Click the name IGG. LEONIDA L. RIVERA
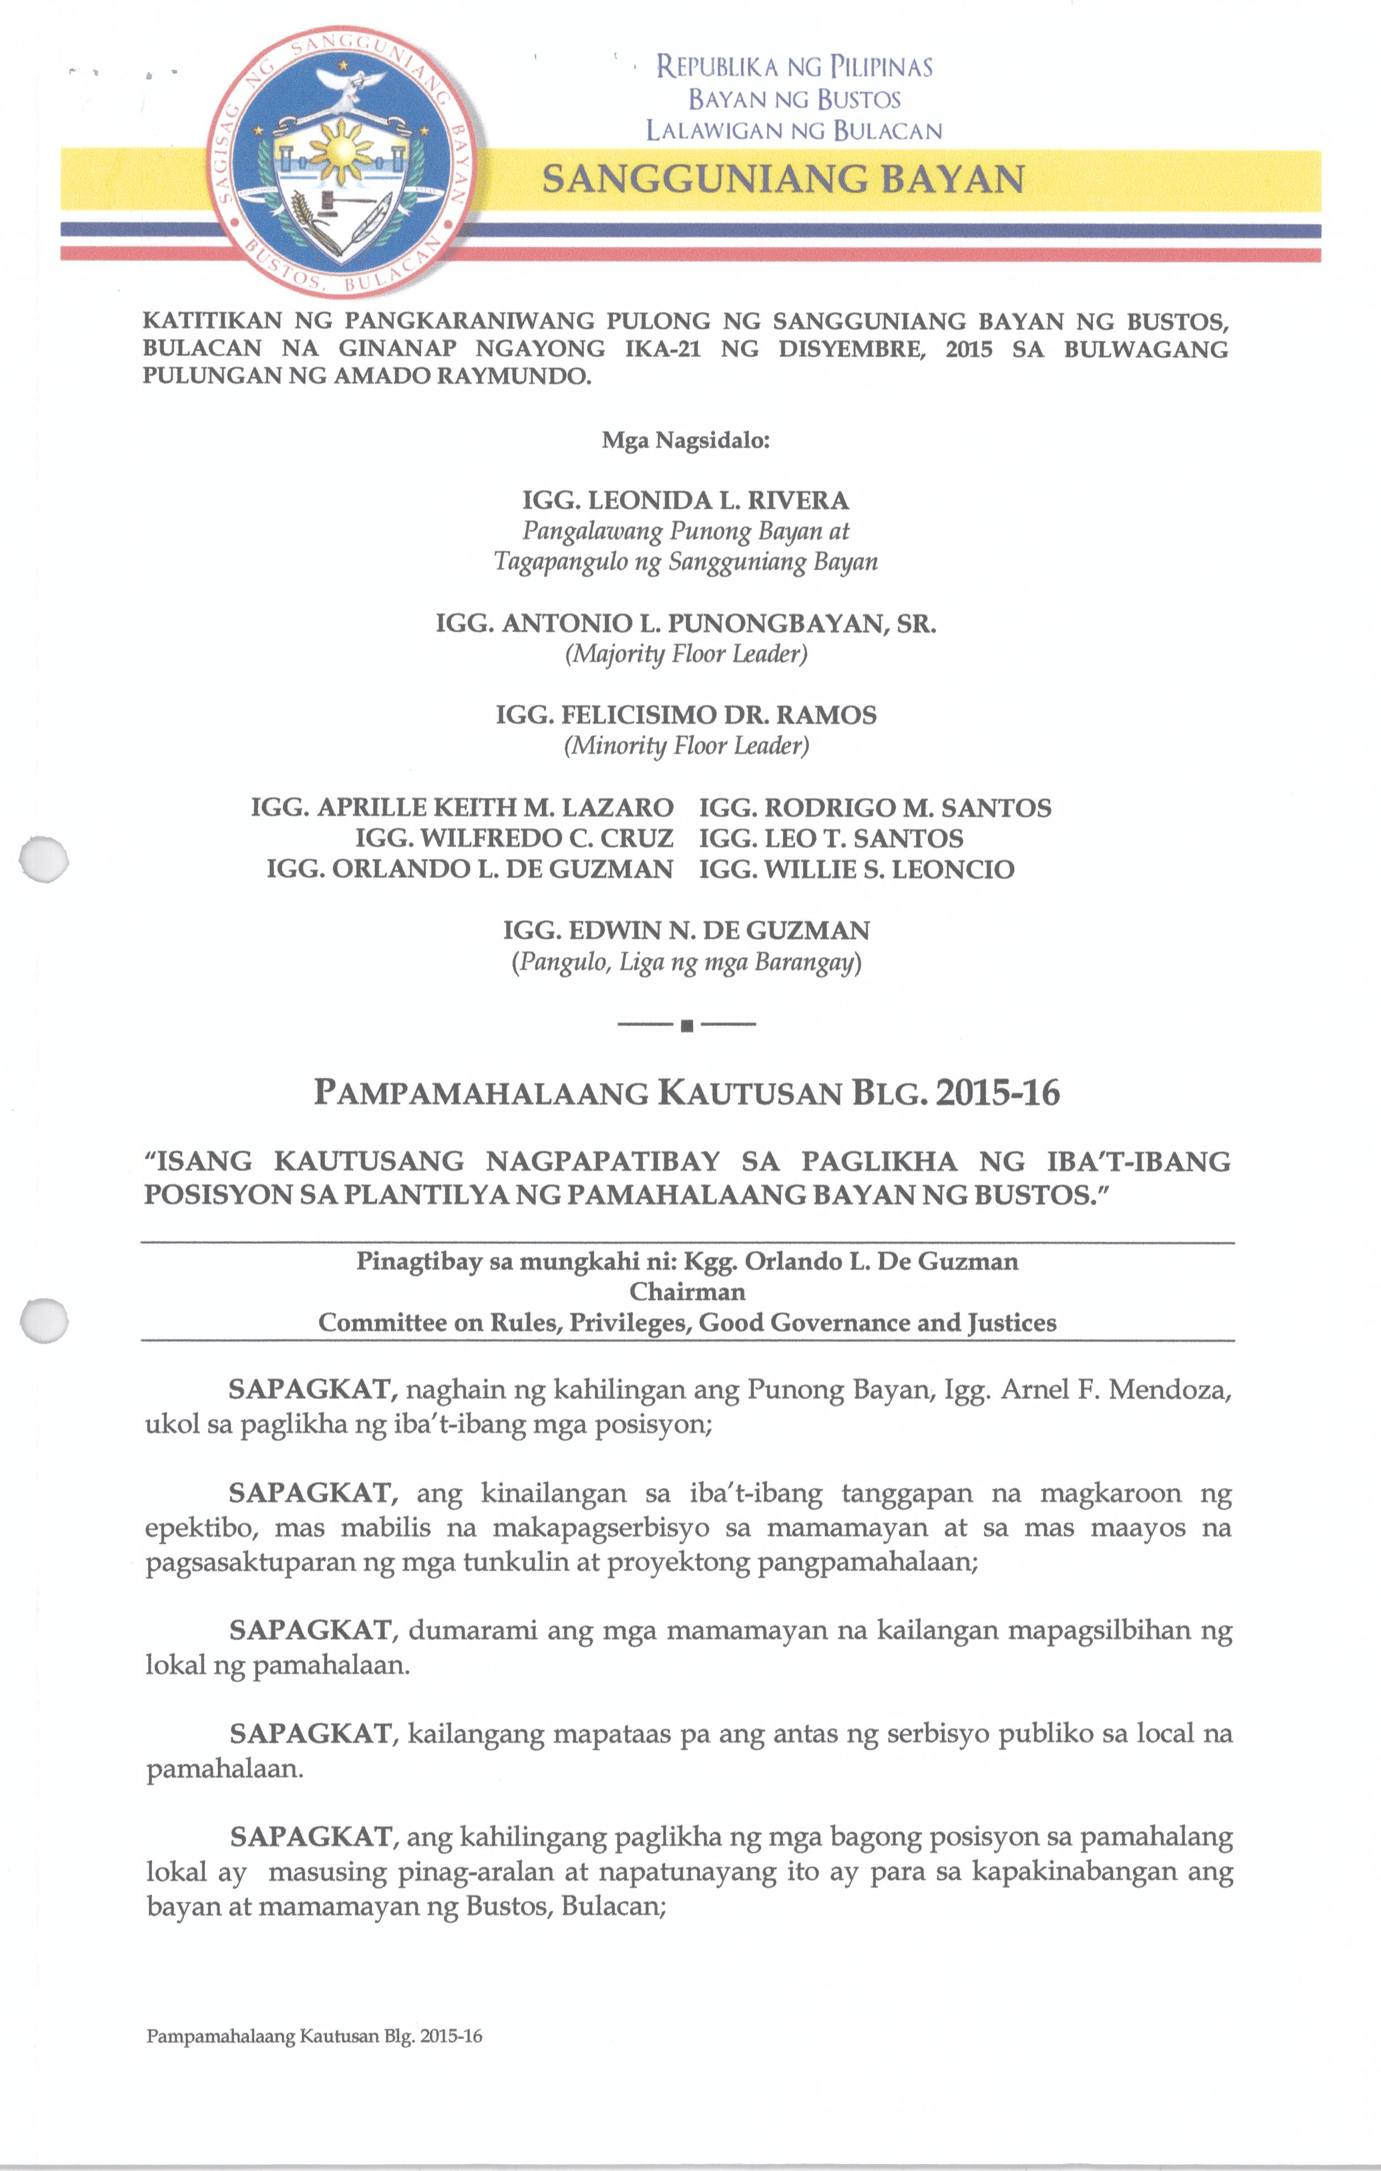pos(685,500)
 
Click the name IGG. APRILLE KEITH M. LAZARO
pos(462,808)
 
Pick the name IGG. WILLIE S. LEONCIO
pos(856,870)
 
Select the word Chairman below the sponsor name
pos(687,1292)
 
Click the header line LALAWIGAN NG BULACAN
pos(794,131)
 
